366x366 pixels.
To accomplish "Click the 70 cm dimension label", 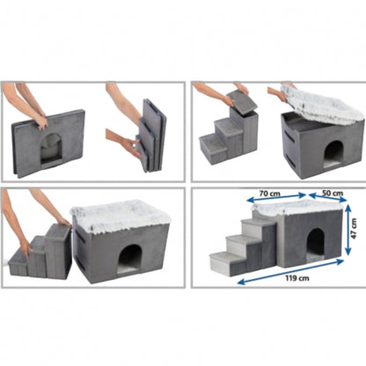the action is point(269,194).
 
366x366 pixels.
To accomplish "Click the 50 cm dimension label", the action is point(333,193).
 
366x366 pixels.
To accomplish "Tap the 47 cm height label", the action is point(354,229).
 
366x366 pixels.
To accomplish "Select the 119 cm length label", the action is point(297,278).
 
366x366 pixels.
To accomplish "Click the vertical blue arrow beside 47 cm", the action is point(348,230).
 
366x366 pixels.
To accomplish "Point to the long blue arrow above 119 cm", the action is point(290,271).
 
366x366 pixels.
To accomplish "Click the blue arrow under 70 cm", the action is point(276,197).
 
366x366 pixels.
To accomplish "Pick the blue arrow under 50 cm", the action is point(328,197).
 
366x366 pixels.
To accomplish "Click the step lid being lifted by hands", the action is point(241,101).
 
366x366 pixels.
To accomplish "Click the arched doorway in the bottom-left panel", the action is point(129,260).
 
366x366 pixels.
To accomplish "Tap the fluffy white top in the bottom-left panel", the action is point(120,216).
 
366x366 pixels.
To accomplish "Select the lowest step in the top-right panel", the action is point(213,148).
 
